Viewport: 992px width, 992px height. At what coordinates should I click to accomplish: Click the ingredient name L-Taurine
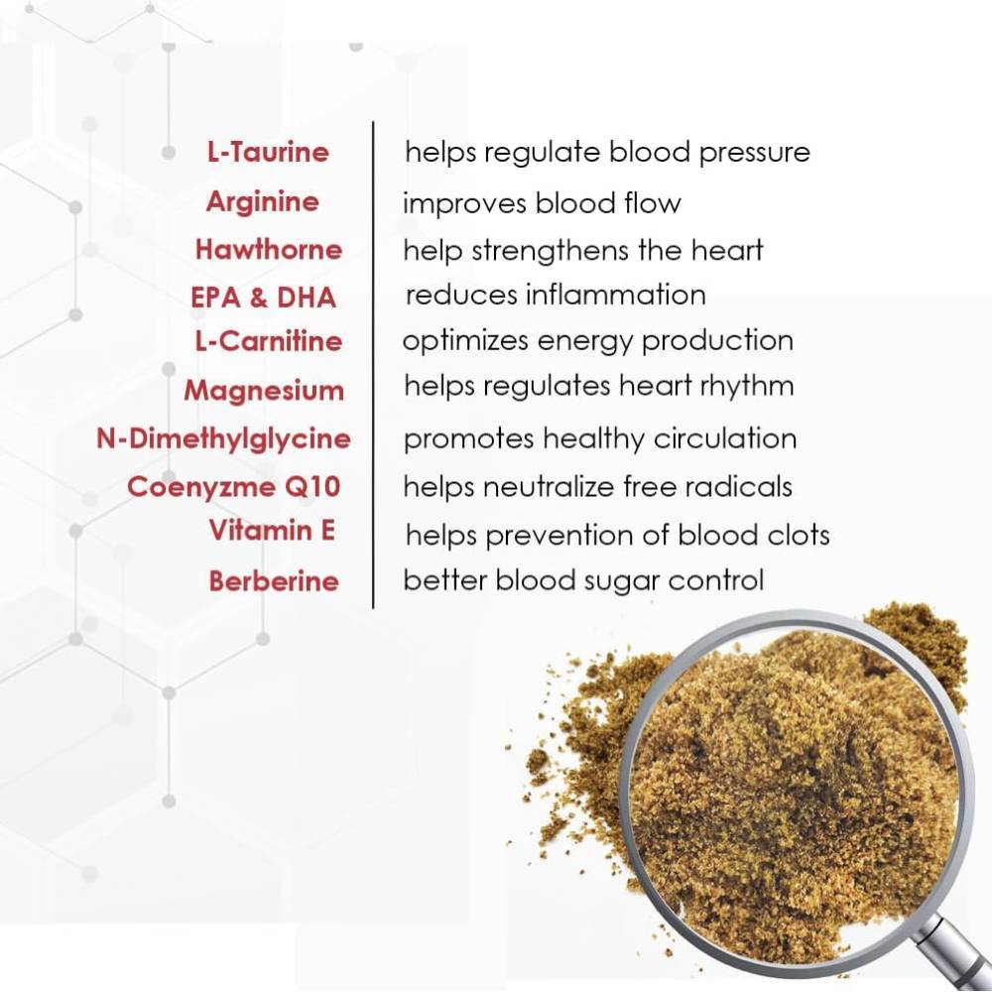click(267, 153)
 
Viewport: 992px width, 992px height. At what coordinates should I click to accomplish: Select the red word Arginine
click(263, 202)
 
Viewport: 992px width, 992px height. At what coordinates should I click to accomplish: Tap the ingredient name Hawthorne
click(268, 249)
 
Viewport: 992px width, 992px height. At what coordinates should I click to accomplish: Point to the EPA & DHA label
click(263, 297)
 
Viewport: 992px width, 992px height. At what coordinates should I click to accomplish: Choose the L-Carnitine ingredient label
click(268, 341)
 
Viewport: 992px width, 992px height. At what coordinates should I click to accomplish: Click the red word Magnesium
click(264, 391)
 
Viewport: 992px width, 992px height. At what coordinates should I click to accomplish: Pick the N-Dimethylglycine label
click(223, 438)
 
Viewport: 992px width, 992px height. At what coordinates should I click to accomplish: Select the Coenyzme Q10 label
click(234, 487)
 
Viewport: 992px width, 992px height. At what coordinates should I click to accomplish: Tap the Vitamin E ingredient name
click(272, 531)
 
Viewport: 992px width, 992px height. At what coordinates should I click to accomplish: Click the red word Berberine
click(274, 581)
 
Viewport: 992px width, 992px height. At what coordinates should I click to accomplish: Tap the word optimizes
click(465, 341)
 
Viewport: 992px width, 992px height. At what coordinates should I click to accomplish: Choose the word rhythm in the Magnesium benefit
click(748, 386)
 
